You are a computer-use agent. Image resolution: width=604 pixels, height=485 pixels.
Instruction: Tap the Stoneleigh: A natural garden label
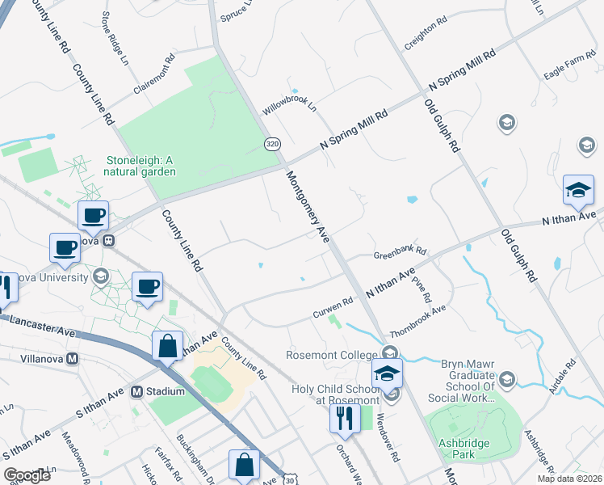pos(141,166)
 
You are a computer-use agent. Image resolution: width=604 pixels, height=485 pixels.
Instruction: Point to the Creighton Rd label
pos(426,34)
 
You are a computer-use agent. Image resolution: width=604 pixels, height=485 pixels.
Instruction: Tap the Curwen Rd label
pos(333,305)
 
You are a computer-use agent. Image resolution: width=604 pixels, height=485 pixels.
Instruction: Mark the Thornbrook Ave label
pos(417,321)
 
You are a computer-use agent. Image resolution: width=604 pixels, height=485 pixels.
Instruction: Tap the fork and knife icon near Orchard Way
pos(343,417)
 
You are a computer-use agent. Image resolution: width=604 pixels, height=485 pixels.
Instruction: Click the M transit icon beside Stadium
pos(136,391)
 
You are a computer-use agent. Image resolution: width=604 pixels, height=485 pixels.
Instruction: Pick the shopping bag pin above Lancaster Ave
pos(167,346)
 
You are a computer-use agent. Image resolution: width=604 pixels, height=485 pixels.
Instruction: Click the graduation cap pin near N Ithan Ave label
pos(577,190)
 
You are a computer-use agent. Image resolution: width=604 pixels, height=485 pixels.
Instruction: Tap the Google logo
pos(27,474)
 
